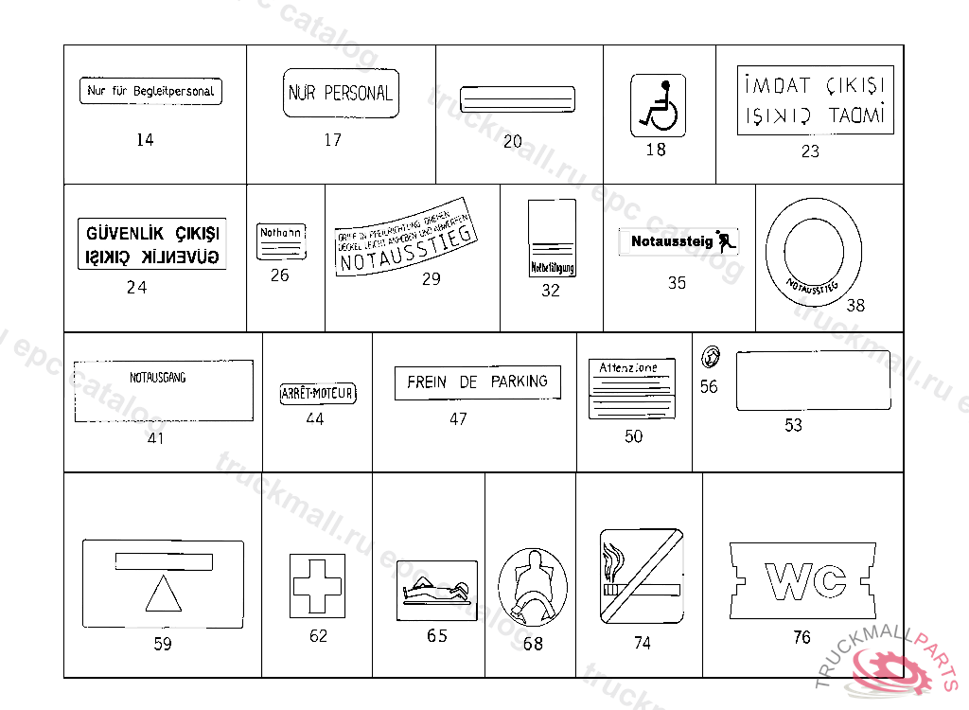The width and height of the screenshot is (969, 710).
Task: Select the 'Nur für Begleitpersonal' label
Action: (x=150, y=92)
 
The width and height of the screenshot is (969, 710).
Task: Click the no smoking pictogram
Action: (x=642, y=576)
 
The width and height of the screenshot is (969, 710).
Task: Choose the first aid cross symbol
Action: (x=317, y=586)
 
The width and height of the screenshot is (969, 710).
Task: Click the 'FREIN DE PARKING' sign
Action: (x=477, y=382)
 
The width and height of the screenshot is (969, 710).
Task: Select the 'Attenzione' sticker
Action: (x=624, y=388)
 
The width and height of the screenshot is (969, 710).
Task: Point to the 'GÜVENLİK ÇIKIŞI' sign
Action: (x=151, y=244)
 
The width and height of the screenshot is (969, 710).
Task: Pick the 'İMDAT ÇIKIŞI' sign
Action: (x=814, y=100)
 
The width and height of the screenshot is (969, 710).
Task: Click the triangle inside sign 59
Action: (x=163, y=595)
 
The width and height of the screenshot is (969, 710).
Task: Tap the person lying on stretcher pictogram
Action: (x=436, y=590)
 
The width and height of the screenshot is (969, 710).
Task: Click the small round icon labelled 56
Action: (x=709, y=359)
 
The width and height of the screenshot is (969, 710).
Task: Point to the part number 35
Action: (x=677, y=283)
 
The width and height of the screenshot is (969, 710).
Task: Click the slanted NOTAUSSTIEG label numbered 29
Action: (x=404, y=237)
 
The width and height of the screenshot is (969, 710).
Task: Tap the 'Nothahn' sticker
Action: (x=281, y=241)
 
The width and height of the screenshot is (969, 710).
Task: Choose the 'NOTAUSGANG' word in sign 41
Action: (x=157, y=378)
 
